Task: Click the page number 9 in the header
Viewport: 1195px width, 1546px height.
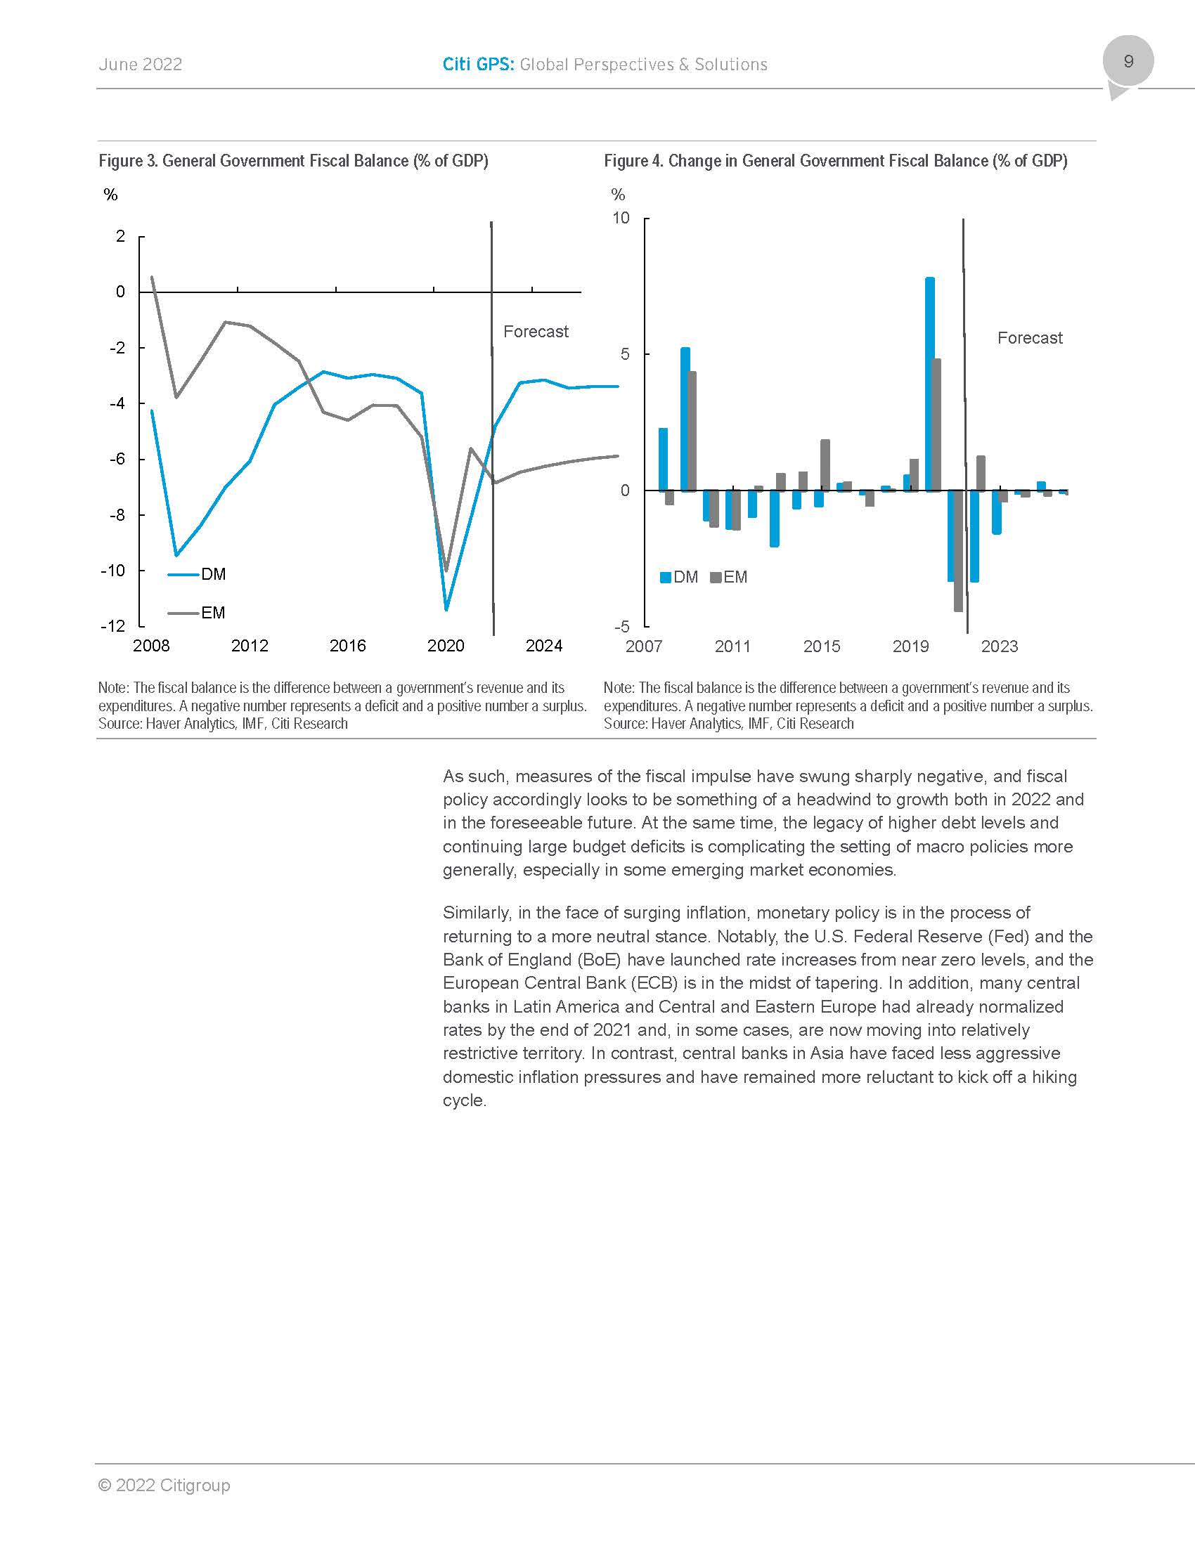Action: (1128, 62)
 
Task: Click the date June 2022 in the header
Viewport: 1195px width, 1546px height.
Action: (140, 65)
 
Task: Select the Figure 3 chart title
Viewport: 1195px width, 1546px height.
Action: (293, 161)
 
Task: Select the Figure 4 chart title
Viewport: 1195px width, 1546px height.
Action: (835, 161)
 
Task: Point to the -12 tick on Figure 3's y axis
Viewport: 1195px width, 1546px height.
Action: (113, 625)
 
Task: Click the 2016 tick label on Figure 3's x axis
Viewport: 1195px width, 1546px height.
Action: (347, 646)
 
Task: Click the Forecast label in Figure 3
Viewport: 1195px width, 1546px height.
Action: (536, 331)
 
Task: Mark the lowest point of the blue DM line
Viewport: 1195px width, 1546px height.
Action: (446, 609)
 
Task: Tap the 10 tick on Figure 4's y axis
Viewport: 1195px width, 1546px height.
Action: (621, 218)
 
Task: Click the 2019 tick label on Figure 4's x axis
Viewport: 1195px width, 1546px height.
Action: (910, 647)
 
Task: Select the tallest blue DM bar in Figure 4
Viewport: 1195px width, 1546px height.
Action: (930, 382)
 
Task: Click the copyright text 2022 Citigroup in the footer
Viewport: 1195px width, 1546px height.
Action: (164, 1485)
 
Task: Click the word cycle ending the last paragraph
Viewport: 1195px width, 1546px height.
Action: (464, 1100)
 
